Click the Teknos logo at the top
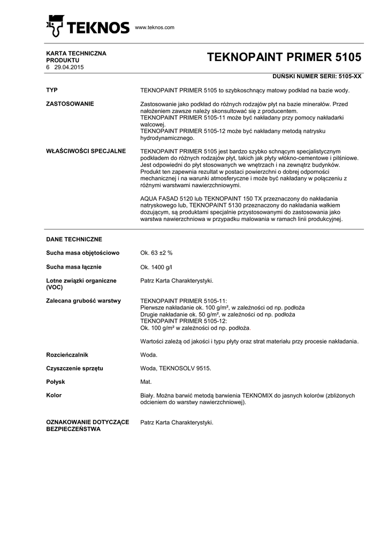point(88,26)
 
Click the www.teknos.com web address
point(155,27)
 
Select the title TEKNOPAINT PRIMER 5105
point(284,57)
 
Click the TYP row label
point(52,90)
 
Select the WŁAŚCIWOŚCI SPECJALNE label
point(86,151)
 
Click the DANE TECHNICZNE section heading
point(74,239)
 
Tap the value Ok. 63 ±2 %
point(156,253)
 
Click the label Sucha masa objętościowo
point(83,253)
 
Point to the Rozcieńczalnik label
point(67,354)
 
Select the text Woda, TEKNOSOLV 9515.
point(176,368)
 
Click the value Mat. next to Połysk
point(146,382)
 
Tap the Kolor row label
point(54,395)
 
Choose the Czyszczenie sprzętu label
point(75,368)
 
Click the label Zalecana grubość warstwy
point(83,301)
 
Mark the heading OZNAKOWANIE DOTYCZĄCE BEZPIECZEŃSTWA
point(88,426)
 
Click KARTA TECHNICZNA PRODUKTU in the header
point(77,57)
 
